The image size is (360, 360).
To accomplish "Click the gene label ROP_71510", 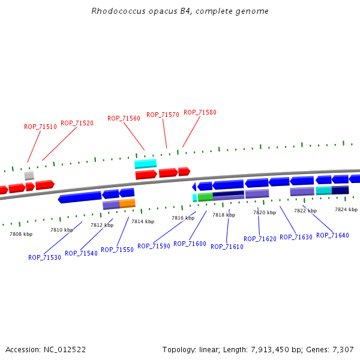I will [x=40, y=127].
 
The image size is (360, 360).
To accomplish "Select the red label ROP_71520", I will [x=77, y=123].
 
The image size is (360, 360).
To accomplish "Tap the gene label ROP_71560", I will [x=124, y=119].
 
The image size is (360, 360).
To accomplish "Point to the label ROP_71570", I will [x=163, y=115].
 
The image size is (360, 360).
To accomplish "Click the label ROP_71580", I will [x=200, y=112].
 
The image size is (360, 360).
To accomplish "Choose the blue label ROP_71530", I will [x=44, y=257].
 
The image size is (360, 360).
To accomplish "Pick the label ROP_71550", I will [x=117, y=250].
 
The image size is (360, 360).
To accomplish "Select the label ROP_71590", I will [x=154, y=246].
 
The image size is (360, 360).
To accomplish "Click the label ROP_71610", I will [x=227, y=247].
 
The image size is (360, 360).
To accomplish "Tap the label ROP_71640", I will [x=332, y=235].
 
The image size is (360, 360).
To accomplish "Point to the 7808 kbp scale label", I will [x=21, y=234].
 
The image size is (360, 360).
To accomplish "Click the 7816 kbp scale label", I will [x=183, y=218].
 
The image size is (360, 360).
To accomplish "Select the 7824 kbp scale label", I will [x=346, y=209].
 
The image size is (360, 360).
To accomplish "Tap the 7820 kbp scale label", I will [x=265, y=212].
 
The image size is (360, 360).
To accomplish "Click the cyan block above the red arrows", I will [x=145, y=163].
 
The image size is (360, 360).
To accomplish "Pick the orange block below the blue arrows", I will [x=127, y=203].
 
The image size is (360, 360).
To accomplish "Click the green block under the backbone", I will [x=205, y=196].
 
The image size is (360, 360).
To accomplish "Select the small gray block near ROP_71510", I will [x=29, y=175].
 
